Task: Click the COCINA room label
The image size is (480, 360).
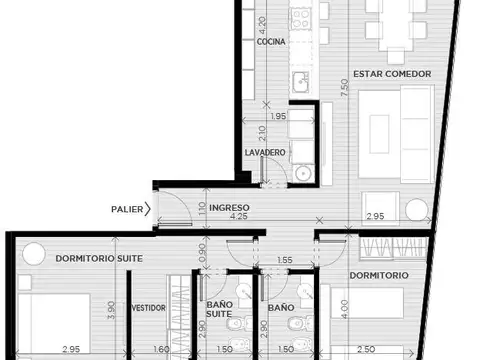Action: pos(272,43)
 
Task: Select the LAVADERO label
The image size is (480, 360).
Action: pos(265,152)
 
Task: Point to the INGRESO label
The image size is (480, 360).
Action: pos(229,208)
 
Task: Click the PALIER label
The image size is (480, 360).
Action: pos(127,209)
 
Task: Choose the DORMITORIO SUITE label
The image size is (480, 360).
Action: pos(99,258)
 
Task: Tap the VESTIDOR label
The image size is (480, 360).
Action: pos(146,308)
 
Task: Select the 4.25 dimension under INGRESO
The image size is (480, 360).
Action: pos(239,217)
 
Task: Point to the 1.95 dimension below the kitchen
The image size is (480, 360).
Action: pos(280,117)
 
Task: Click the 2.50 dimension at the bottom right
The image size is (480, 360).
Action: pos(366,350)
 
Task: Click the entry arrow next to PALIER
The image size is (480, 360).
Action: pos(148,209)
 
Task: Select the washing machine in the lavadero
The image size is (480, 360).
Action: pos(304,172)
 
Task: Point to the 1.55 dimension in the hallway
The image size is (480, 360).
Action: pos(286,260)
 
